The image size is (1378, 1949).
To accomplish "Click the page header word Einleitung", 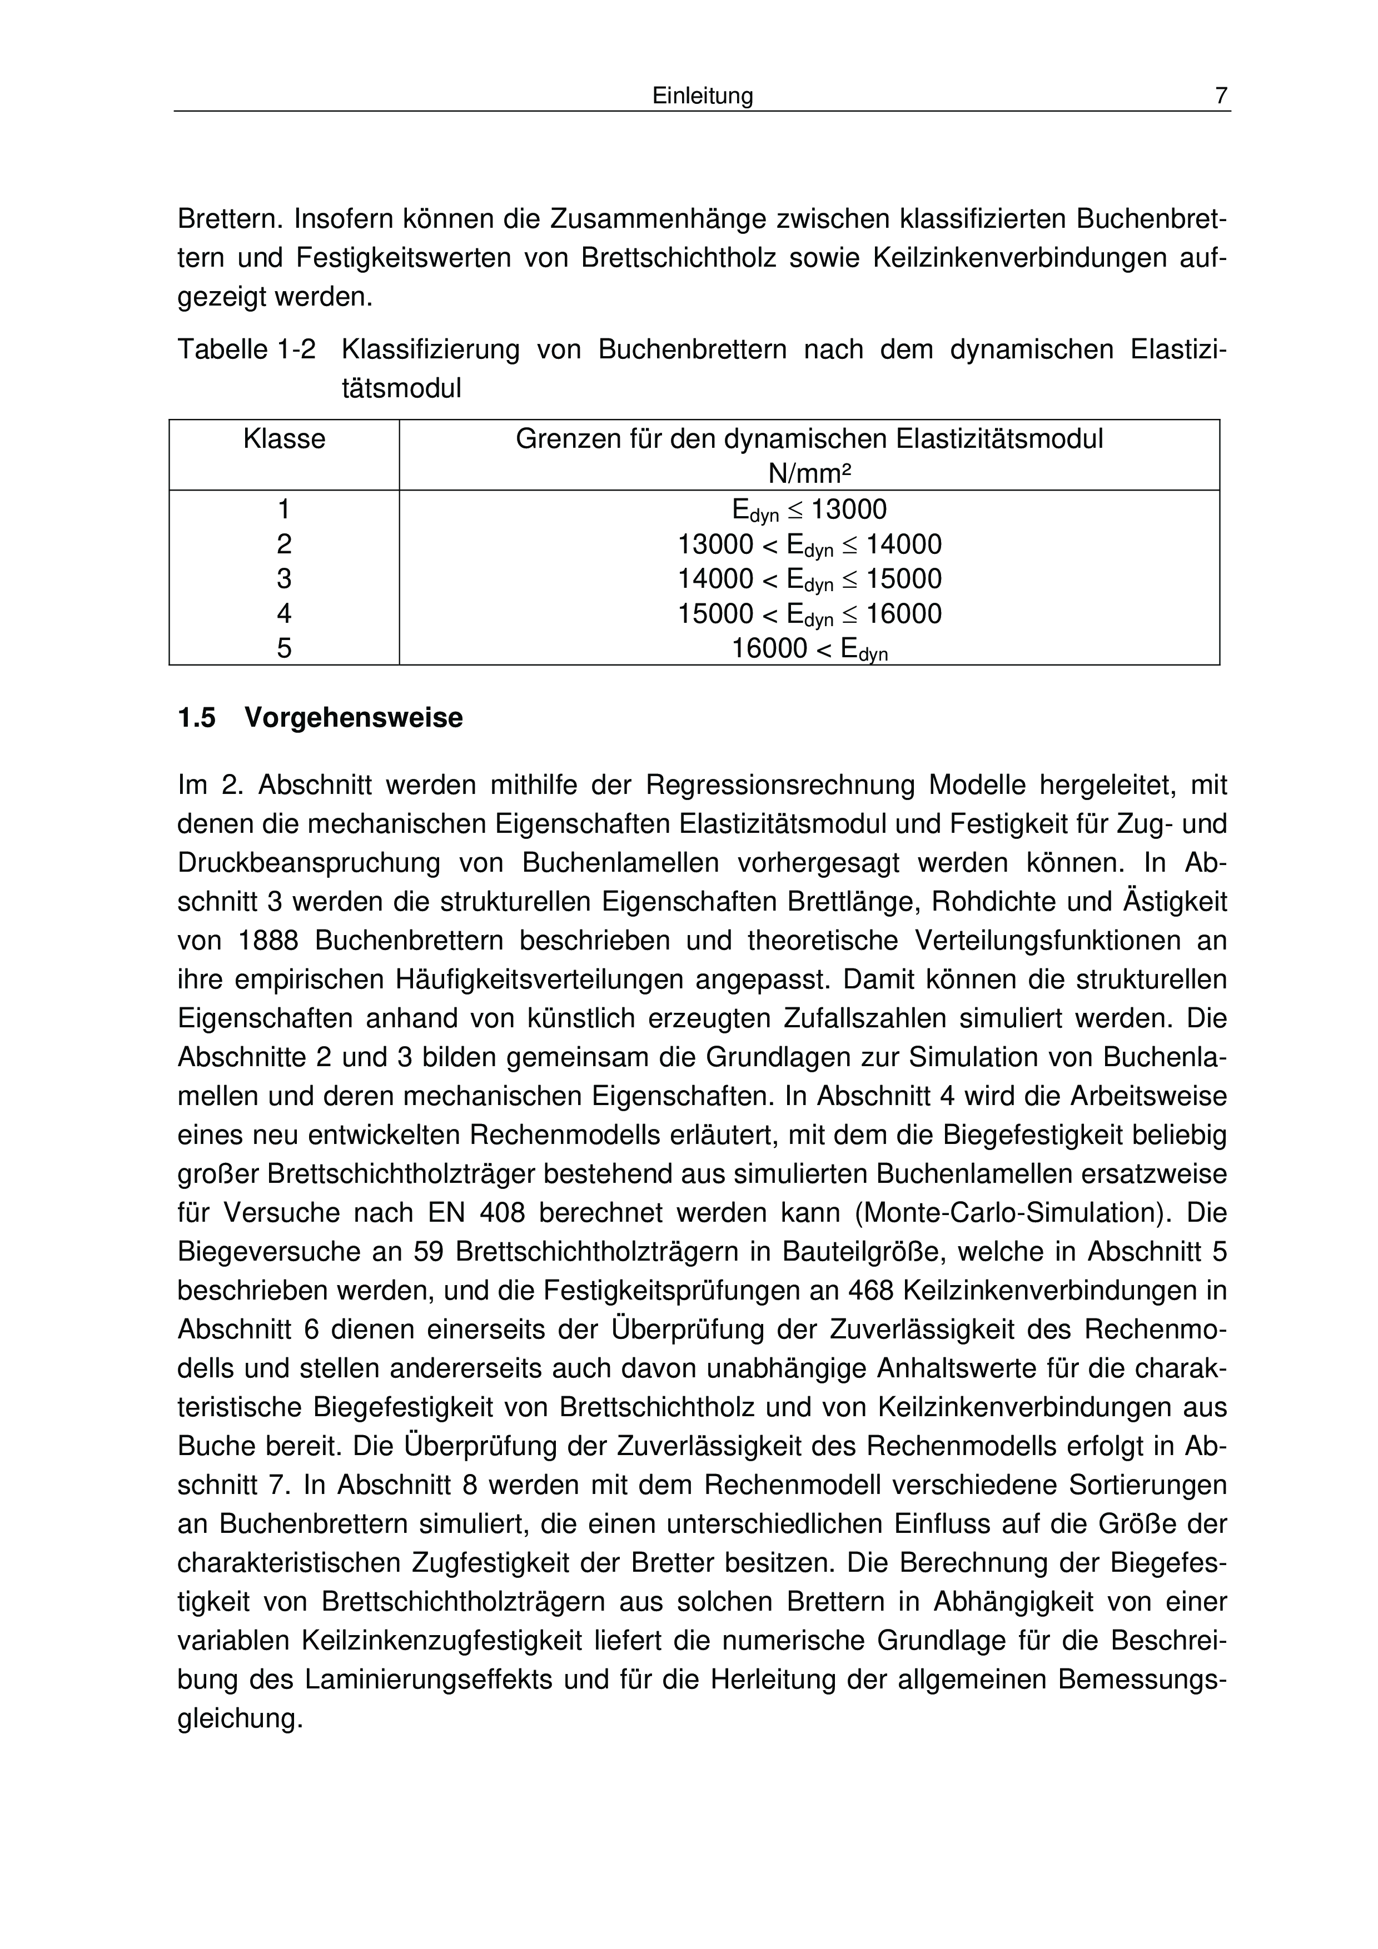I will pyautogui.click(x=702, y=97).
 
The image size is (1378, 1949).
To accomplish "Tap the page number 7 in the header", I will pyautogui.click(x=1220, y=97).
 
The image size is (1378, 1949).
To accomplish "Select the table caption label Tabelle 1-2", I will pyautogui.click(x=246, y=349).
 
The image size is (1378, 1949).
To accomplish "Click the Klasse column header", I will pyautogui.click(x=285, y=439).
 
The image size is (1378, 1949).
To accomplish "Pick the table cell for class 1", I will pyautogui.click(x=285, y=509).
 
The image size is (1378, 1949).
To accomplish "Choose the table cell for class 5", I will pyautogui.click(x=285, y=648).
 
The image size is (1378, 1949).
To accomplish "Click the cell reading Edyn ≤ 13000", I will pyautogui.click(x=809, y=510).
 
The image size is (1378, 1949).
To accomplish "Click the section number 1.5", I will pyautogui.click(x=197, y=718).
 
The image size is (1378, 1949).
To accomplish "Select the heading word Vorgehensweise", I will pyautogui.click(x=354, y=718).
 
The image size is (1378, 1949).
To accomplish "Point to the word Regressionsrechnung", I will pyautogui.click(x=780, y=785).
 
